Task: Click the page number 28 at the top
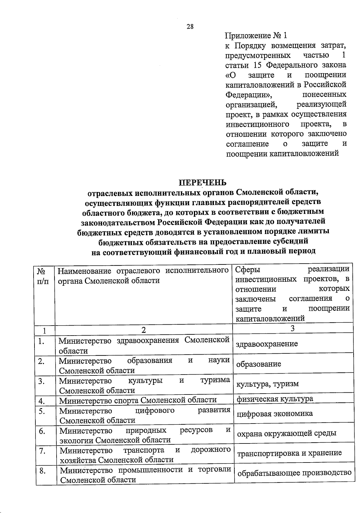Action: coord(190,27)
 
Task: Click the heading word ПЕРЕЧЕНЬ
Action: coord(202,183)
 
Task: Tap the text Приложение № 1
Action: coord(256,36)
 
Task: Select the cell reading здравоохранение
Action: coord(267,344)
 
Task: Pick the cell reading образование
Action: coord(259,364)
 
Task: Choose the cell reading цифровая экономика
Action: coord(275,414)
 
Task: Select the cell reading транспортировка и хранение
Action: coord(289,453)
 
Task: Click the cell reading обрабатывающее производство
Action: coord(294,473)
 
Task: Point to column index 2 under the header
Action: coord(144,330)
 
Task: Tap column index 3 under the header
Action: coord(292,329)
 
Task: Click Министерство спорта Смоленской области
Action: coord(138,401)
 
